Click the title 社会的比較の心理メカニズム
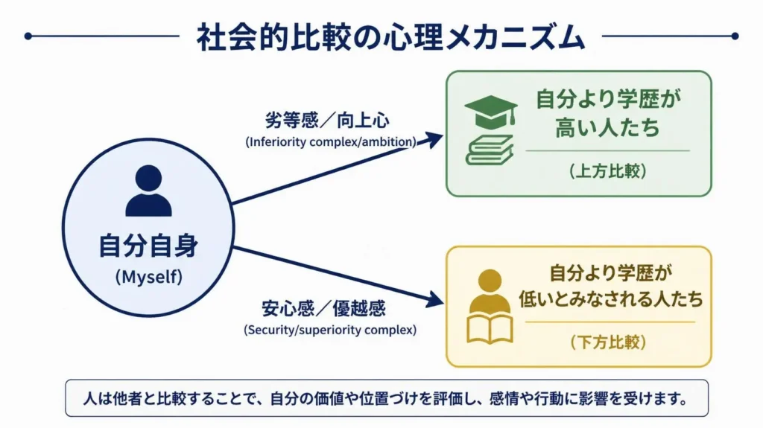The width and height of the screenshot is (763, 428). tap(390, 37)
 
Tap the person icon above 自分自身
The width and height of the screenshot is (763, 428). tap(148, 191)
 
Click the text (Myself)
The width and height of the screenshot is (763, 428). tap(149, 277)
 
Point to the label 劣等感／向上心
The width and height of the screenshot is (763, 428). tap(327, 120)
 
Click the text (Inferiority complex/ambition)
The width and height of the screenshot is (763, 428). tap(331, 142)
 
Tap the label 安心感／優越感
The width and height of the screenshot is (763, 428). tap(323, 308)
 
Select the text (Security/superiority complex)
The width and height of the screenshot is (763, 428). tap(330, 330)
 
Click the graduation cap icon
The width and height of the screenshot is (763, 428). tap(490, 112)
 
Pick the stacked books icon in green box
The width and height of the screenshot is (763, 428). tap(490, 150)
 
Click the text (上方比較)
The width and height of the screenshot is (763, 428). tap(608, 170)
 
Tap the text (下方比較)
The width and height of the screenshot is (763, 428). tap(608, 342)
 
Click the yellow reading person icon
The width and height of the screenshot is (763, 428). tap(490, 307)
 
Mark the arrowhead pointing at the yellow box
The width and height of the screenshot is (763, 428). tap(434, 299)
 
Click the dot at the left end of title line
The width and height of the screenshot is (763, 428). tap(28, 36)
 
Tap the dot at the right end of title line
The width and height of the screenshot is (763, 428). tap(735, 36)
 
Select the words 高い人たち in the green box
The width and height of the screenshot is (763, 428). tap(607, 127)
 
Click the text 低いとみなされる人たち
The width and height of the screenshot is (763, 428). tap(611, 298)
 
